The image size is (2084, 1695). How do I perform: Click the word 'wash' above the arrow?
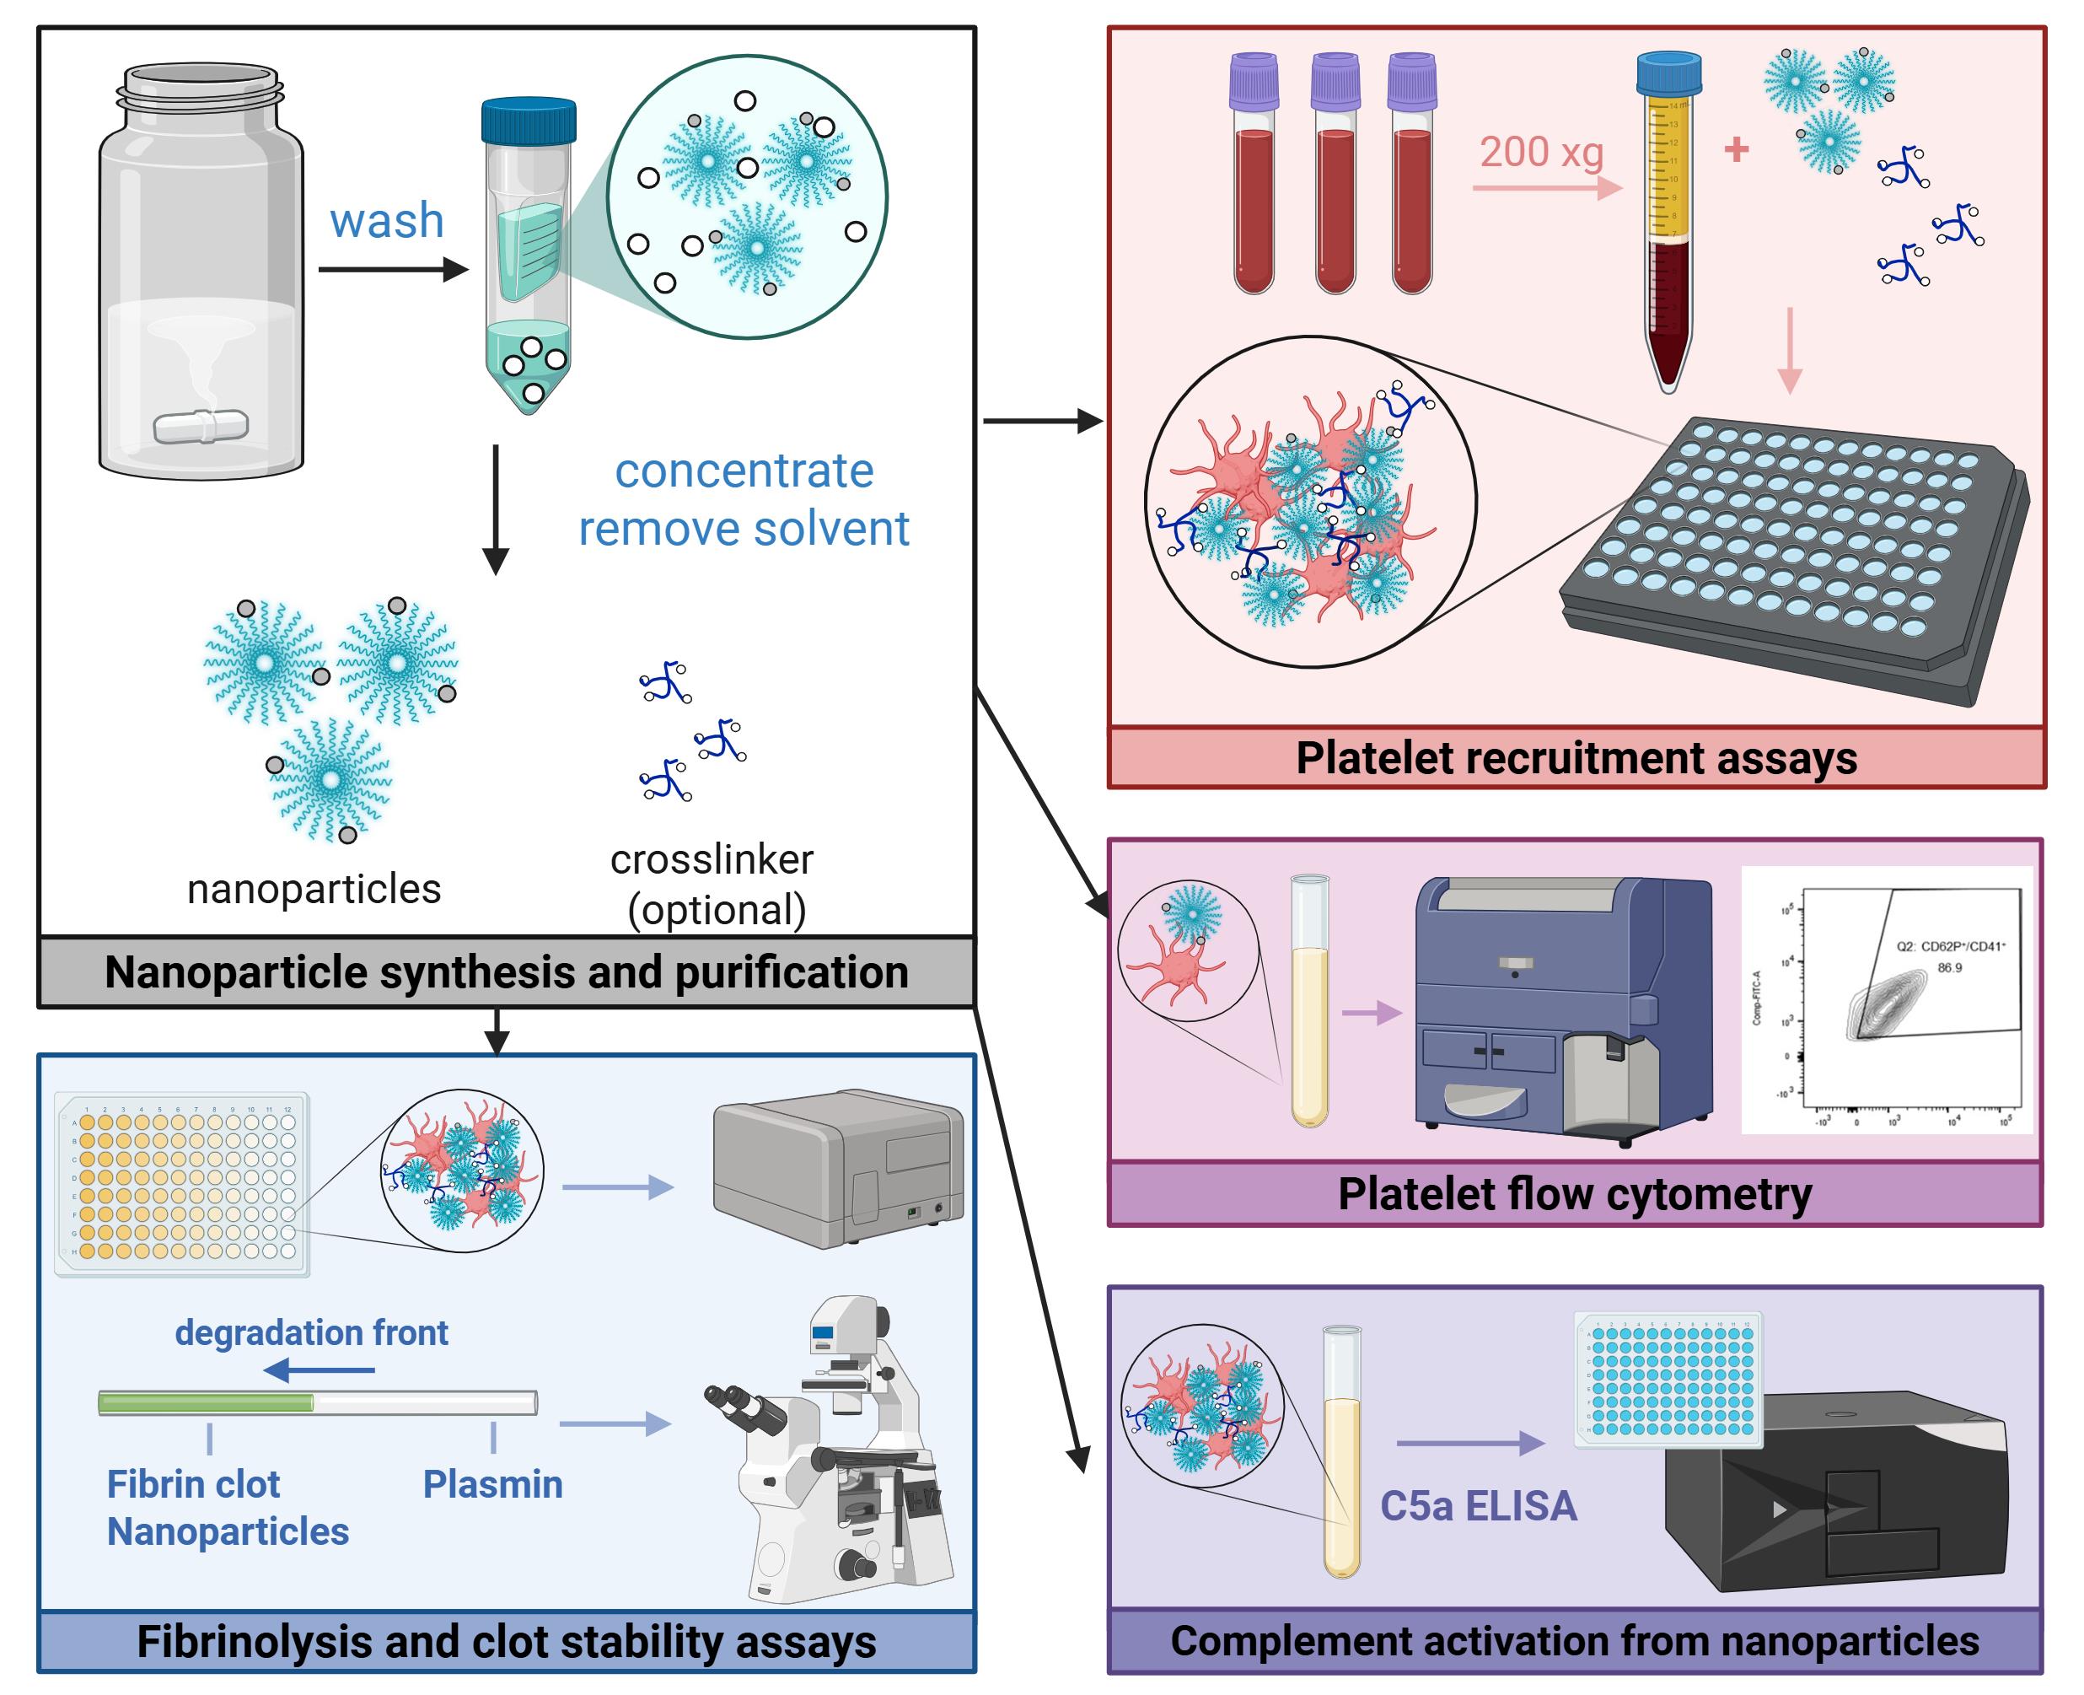tap(387, 221)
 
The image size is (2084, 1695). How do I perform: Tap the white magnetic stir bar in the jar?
tap(201, 427)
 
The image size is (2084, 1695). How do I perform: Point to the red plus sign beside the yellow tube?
tap(1737, 149)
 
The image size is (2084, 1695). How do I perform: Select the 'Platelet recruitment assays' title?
tap(1576, 757)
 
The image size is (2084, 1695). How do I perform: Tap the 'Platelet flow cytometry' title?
tap(1575, 1194)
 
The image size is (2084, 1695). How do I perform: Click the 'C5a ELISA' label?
tap(1478, 1505)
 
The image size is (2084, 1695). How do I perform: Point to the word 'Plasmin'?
tap(492, 1484)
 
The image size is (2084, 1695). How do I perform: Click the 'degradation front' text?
tap(311, 1332)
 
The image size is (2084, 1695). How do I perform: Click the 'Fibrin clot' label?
tap(193, 1484)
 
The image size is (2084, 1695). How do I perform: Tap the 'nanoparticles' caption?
tap(314, 889)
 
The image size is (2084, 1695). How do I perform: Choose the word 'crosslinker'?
tap(712, 859)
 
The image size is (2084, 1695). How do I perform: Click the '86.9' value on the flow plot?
tap(1949, 967)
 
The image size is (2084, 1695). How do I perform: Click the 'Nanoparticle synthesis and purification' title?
tap(506, 972)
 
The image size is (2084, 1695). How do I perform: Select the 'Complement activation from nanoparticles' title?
tap(1575, 1640)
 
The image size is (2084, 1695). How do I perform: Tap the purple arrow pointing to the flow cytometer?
tap(1372, 1013)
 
